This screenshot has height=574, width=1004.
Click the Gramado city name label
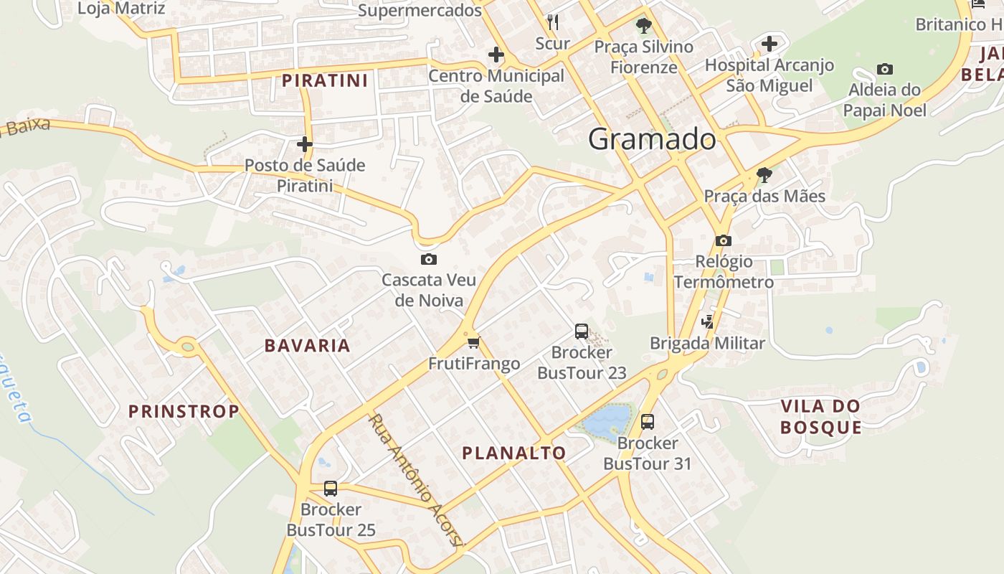tap(652, 139)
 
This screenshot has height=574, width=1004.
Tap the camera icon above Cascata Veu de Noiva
tap(429, 259)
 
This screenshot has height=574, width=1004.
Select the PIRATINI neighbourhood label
tap(325, 80)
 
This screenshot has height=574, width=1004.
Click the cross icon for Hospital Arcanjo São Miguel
tap(769, 44)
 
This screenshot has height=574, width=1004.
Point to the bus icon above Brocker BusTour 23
tap(582, 331)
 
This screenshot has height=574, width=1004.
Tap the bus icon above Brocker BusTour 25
tap(331, 489)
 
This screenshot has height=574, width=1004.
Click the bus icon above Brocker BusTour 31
tap(648, 422)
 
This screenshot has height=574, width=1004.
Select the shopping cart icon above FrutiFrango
tap(473, 342)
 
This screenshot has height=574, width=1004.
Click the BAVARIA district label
tap(308, 346)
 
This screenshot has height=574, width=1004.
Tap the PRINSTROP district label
tap(184, 412)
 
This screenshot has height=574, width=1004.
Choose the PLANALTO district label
tap(514, 453)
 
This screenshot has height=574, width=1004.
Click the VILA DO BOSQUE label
tap(820, 417)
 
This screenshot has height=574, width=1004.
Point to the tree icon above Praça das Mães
tap(764, 174)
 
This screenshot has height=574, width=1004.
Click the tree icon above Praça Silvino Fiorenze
tap(644, 26)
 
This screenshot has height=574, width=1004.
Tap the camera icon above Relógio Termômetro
tap(724, 240)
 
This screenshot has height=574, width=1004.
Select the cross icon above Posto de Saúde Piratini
tap(305, 144)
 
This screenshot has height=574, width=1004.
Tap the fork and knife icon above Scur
tap(552, 22)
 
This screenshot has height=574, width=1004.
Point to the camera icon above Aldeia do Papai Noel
tap(885, 70)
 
